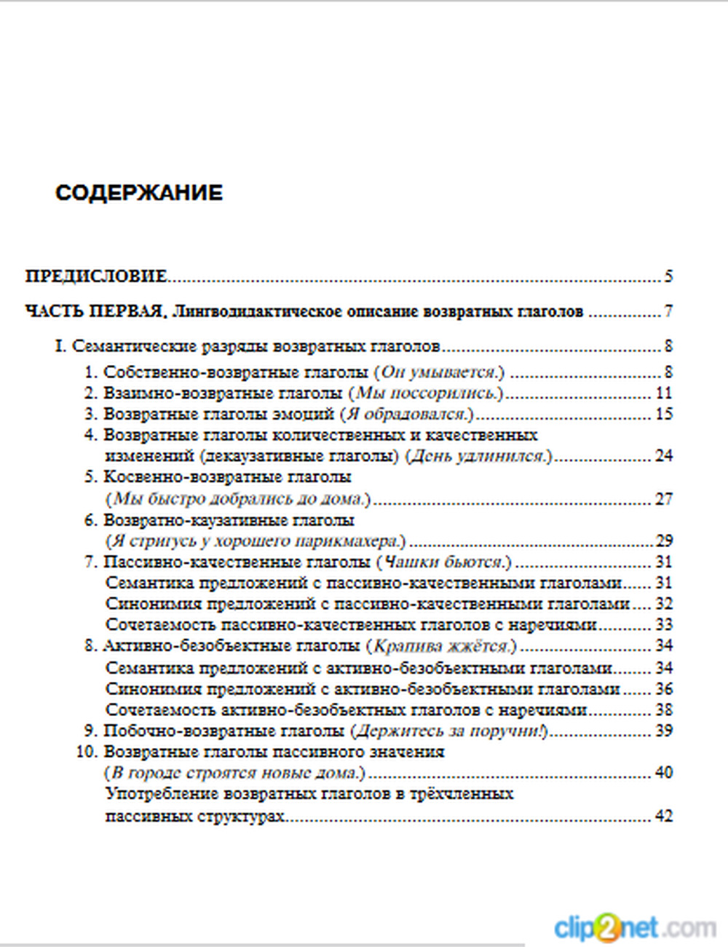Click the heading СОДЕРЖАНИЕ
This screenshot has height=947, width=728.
click(139, 193)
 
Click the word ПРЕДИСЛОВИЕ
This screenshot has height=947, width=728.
click(96, 276)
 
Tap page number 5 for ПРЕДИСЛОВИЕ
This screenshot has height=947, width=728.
click(668, 276)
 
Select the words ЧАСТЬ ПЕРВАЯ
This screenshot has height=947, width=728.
click(94, 312)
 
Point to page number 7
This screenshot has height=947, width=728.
click(668, 312)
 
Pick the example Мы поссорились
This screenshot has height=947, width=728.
click(426, 393)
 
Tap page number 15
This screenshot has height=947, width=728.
click(664, 414)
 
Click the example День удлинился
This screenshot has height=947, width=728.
click(478, 457)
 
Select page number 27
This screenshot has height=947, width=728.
click(664, 499)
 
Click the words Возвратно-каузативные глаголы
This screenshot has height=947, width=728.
click(229, 520)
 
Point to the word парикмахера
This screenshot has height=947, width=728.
click(350, 541)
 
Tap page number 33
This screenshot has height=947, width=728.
click(664, 624)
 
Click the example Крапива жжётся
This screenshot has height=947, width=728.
click(441, 646)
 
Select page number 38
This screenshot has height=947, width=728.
click(664, 710)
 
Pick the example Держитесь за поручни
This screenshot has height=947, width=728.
click(449, 731)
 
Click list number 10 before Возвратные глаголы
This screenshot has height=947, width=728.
click(87, 752)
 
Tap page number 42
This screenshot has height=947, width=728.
click(664, 816)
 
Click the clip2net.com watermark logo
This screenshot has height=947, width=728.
click(634, 928)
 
